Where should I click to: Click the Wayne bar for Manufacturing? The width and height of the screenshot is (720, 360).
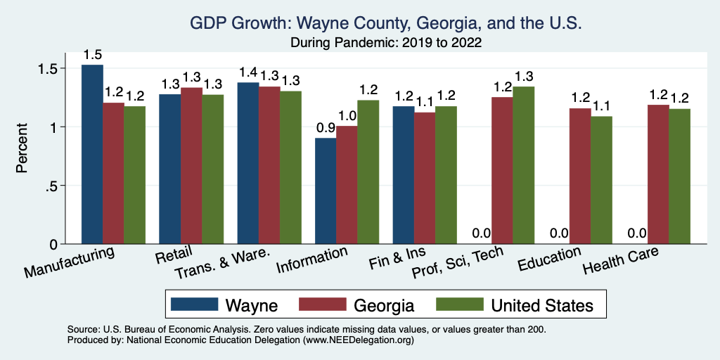[x=92, y=155]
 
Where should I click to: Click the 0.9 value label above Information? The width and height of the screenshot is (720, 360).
[x=325, y=128]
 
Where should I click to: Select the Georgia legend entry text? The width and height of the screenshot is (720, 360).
[x=383, y=305]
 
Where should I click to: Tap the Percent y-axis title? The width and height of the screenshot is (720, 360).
[x=23, y=148]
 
